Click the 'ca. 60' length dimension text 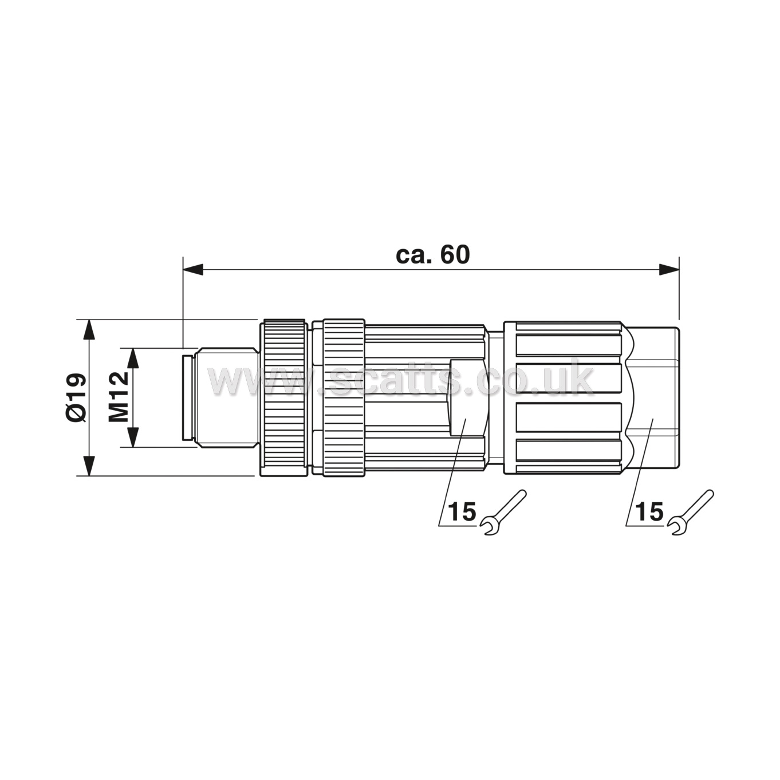tap(433, 255)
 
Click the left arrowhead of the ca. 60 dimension tap(192, 270)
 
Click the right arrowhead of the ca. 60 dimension tap(669, 270)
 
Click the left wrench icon tap(502, 513)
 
